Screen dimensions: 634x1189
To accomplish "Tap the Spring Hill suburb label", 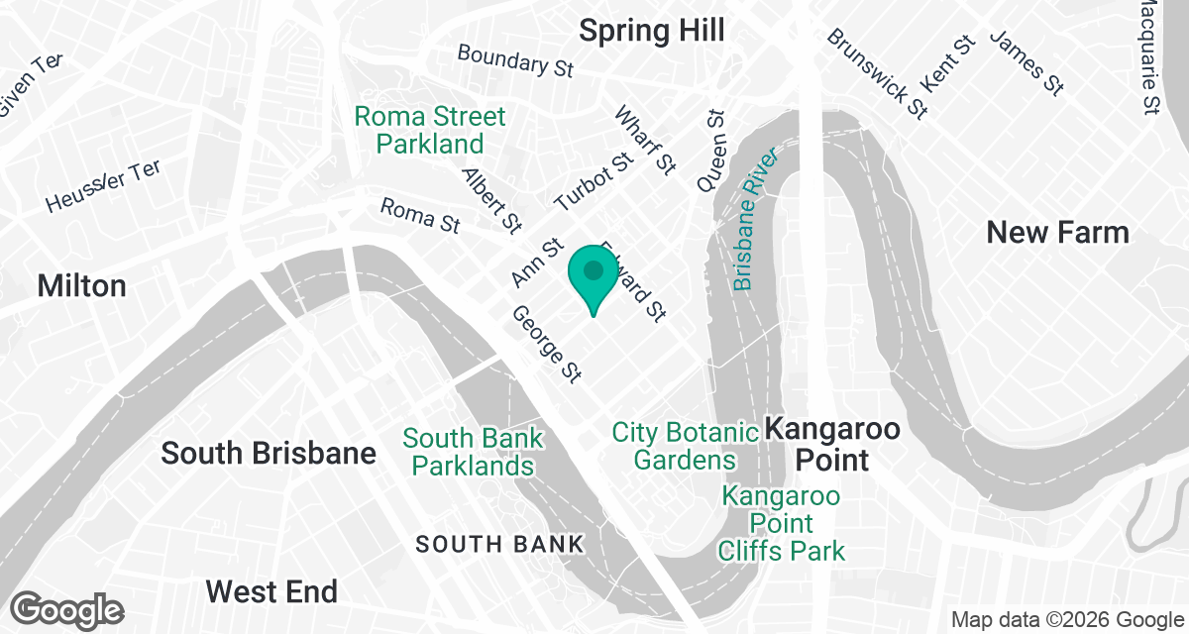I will click(651, 30).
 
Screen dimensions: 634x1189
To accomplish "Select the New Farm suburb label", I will click(1057, 233).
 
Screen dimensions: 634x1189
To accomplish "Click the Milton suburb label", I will click(81, 286).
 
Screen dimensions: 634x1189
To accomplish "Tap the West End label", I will click(271, 591).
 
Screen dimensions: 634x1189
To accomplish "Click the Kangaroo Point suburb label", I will click(832, 445).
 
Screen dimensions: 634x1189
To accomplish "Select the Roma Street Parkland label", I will click(430, 130).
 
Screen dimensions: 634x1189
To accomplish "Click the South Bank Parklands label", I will click(473, 452).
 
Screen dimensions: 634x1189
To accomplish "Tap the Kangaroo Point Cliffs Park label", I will click(782, 523).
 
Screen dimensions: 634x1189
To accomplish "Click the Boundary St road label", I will click(515, 61).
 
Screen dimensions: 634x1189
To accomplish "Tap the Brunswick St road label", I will click(877, 72).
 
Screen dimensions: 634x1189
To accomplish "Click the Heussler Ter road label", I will click(102, 186).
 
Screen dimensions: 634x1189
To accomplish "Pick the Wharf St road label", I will click(645, 141).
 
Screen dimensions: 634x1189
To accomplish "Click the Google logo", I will click(67, 609).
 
